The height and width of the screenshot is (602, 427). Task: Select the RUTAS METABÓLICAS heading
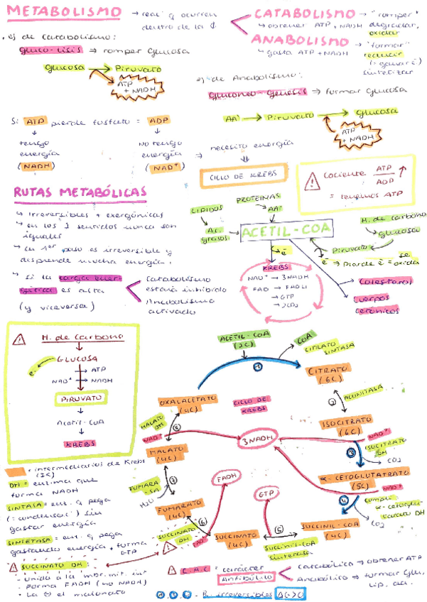pos(80,193)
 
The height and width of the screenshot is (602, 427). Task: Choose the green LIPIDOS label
pos(207,210)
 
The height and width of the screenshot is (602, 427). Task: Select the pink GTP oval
pos(266,493)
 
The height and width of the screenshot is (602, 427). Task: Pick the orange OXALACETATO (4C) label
pos(188,405)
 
